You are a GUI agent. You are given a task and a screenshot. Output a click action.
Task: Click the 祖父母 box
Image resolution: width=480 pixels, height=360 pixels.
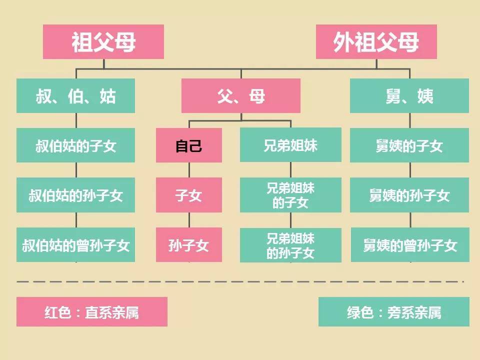(103, 41)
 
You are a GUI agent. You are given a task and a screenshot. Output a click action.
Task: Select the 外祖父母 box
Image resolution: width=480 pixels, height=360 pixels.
(376, 41)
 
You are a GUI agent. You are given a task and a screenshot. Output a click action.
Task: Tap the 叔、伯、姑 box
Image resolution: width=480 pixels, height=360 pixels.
(75, 96)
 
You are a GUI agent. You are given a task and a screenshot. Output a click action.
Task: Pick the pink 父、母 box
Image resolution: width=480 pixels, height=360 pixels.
(241, 96)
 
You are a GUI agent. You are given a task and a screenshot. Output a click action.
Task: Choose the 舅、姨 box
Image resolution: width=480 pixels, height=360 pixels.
(409, 96)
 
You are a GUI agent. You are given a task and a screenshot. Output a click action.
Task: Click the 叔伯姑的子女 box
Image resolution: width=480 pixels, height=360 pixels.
(75, 145)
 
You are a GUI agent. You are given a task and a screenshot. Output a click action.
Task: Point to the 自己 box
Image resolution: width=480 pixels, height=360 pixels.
(189, 145)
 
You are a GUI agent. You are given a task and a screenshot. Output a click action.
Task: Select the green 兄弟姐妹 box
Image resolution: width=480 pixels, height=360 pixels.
(290, 145)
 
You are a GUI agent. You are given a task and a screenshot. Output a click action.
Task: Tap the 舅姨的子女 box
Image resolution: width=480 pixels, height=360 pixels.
(409, 145)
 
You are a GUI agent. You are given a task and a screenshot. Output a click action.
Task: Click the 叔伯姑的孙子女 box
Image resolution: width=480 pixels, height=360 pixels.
(75, 195)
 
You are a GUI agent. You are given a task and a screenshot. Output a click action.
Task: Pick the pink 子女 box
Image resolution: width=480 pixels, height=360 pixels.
(189, 195)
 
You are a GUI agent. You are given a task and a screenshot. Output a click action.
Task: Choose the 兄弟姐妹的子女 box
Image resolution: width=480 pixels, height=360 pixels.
(290, 195)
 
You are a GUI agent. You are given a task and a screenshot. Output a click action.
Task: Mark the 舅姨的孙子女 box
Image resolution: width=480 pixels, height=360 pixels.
(409, 195)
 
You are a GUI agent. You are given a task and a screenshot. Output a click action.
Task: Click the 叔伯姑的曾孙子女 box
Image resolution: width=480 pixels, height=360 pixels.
(75, 244)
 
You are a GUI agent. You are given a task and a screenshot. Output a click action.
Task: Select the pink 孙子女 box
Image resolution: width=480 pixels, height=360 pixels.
(189, 244)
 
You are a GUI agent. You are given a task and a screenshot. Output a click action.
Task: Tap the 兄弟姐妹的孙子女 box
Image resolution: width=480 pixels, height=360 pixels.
(290, 245)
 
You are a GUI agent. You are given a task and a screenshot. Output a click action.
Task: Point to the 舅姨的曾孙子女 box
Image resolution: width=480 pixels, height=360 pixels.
(410, 244)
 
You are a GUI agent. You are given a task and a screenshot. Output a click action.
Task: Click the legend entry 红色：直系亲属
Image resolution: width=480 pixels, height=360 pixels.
(92, 311)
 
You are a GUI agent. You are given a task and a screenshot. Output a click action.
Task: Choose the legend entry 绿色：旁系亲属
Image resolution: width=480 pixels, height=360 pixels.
(393, 311)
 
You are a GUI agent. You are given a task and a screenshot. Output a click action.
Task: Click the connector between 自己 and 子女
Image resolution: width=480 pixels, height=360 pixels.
(189, 170)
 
